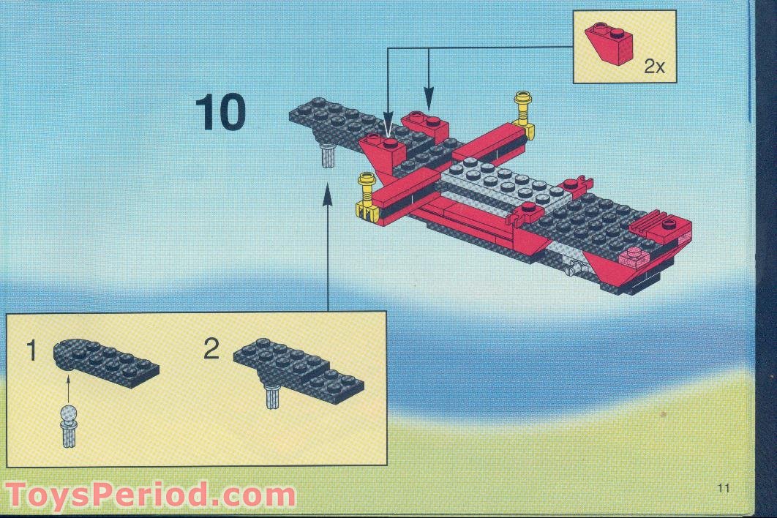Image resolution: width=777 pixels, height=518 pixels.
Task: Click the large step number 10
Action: pyautogui.click(x=220, y=113)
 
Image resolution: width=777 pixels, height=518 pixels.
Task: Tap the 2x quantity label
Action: pyautogui.click(x=654, y=67)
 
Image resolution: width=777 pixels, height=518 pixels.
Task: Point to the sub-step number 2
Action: pyautogui.click(x=211, y=349)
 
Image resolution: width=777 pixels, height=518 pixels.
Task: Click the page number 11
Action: pyautogui.click(x=724, y=488)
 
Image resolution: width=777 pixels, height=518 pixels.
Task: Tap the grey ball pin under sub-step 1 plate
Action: pyautogui.click(x=69, y=424)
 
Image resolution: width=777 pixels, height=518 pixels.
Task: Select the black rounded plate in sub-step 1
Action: pyautogui.click(x=106, y=359)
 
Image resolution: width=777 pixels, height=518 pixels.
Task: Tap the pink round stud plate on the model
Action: pyautogui.click(x=634, y=256)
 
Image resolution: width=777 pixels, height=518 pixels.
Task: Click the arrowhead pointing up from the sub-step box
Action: pyautogui.click(x=326, y=192)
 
